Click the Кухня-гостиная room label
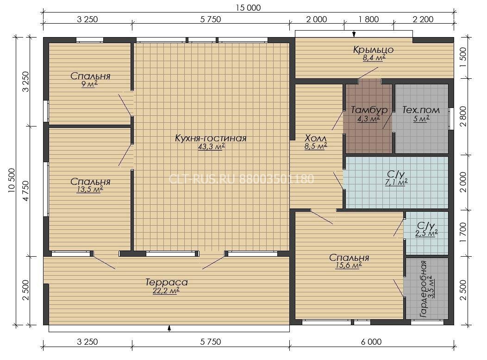211,138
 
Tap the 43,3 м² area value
212,146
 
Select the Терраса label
167,282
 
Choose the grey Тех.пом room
421,119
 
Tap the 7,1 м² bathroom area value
396,182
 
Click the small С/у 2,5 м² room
427,233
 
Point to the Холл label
316,138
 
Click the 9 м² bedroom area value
90,84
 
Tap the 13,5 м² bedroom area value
90,189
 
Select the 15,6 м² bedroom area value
349,265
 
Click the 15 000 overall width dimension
248,8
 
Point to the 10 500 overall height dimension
12,180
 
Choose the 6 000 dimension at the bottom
371,341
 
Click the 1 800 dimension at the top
368,19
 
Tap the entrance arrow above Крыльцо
354,34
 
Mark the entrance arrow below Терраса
169,328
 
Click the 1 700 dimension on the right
463,233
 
